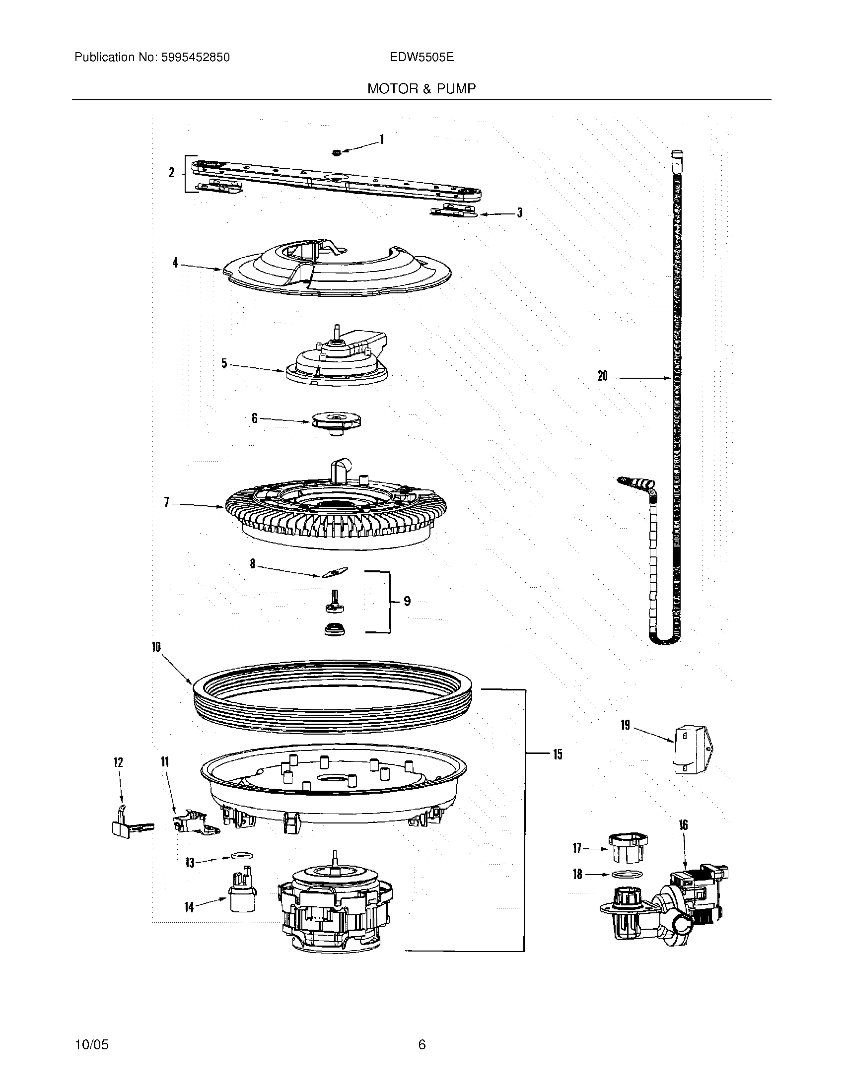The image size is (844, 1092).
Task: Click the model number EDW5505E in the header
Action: point(422,57)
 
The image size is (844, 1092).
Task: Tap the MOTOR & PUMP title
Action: point(422,88)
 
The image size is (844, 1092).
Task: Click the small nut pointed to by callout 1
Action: point(337,151)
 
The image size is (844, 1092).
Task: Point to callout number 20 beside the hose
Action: point(603,376)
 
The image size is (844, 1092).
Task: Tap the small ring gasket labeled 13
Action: point(240,856)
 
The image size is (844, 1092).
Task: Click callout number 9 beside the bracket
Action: point(407,601)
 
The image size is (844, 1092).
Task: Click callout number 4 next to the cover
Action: point(175,263)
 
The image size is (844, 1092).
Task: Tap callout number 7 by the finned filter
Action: point(166,501)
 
